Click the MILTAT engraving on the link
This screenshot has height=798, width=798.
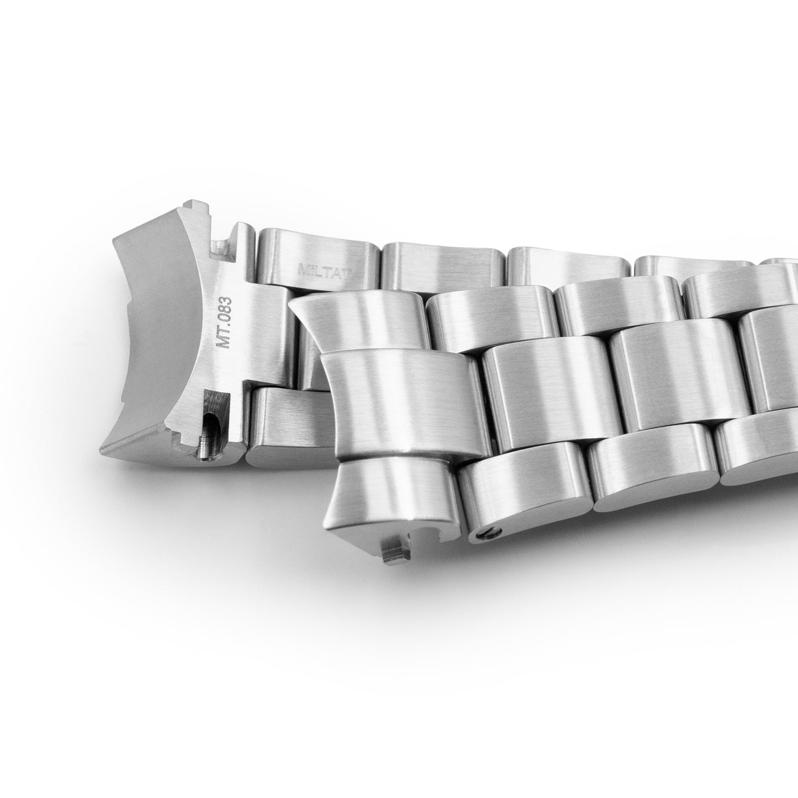click(325, 271)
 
